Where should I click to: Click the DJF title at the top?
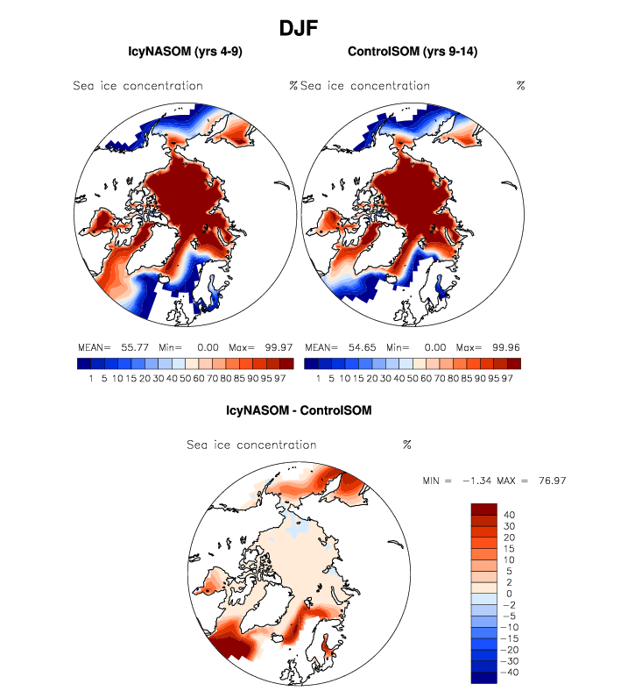tap(298, 28)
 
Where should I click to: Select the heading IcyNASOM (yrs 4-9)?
tap(185, 53)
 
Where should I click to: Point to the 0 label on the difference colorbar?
tap(508, 594)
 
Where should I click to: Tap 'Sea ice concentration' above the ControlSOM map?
tap(365, 86)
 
